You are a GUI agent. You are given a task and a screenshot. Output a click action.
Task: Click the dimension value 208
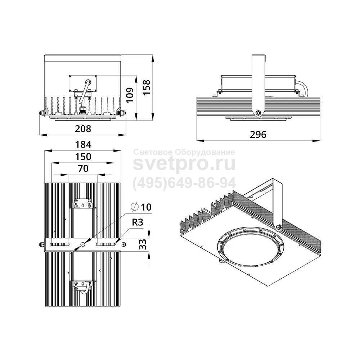(83, 129)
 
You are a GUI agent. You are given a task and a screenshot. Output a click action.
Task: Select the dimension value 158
(146, 87)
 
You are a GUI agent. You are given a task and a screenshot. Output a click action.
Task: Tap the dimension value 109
(130, 95)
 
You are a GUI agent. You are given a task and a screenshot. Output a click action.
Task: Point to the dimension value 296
(258, 135)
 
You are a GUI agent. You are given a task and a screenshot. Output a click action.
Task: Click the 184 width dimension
(83, 145)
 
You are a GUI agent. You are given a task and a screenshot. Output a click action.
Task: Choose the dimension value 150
(83, 157)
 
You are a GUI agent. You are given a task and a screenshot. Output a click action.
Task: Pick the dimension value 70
(83, 168)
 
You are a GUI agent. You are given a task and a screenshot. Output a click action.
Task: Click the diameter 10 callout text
(141, 207)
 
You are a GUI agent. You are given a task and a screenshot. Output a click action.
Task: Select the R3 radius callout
(138, 222)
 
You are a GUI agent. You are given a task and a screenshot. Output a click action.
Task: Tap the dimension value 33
(143, 244)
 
